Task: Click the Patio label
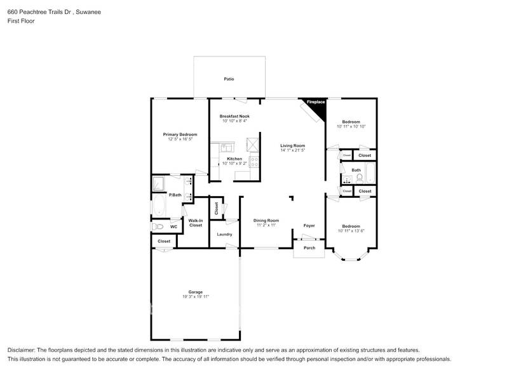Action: coord(229,79)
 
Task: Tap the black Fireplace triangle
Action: coord(318,107)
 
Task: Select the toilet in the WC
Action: coord(157,226)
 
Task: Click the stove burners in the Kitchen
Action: coord(254,162)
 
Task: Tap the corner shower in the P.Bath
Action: coord(158,183)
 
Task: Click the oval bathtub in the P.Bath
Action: coord(159,205)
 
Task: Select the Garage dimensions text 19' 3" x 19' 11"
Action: coord(196,297)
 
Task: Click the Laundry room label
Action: coord(224,235)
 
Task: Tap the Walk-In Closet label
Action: coord(196,223)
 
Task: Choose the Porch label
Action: coord(309,248)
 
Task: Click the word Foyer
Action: coord(309,226)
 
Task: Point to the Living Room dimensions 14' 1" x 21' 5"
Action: coord(293,150)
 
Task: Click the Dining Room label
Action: coord(266,221)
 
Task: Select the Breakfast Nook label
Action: coord(234,116)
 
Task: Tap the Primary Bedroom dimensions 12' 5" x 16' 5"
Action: coord(180,139)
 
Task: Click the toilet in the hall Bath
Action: coord(359,178)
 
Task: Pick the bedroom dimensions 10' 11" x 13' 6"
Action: coord(351,231)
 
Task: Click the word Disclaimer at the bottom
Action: coord(20,350)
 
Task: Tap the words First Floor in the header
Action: coord(21,21)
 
